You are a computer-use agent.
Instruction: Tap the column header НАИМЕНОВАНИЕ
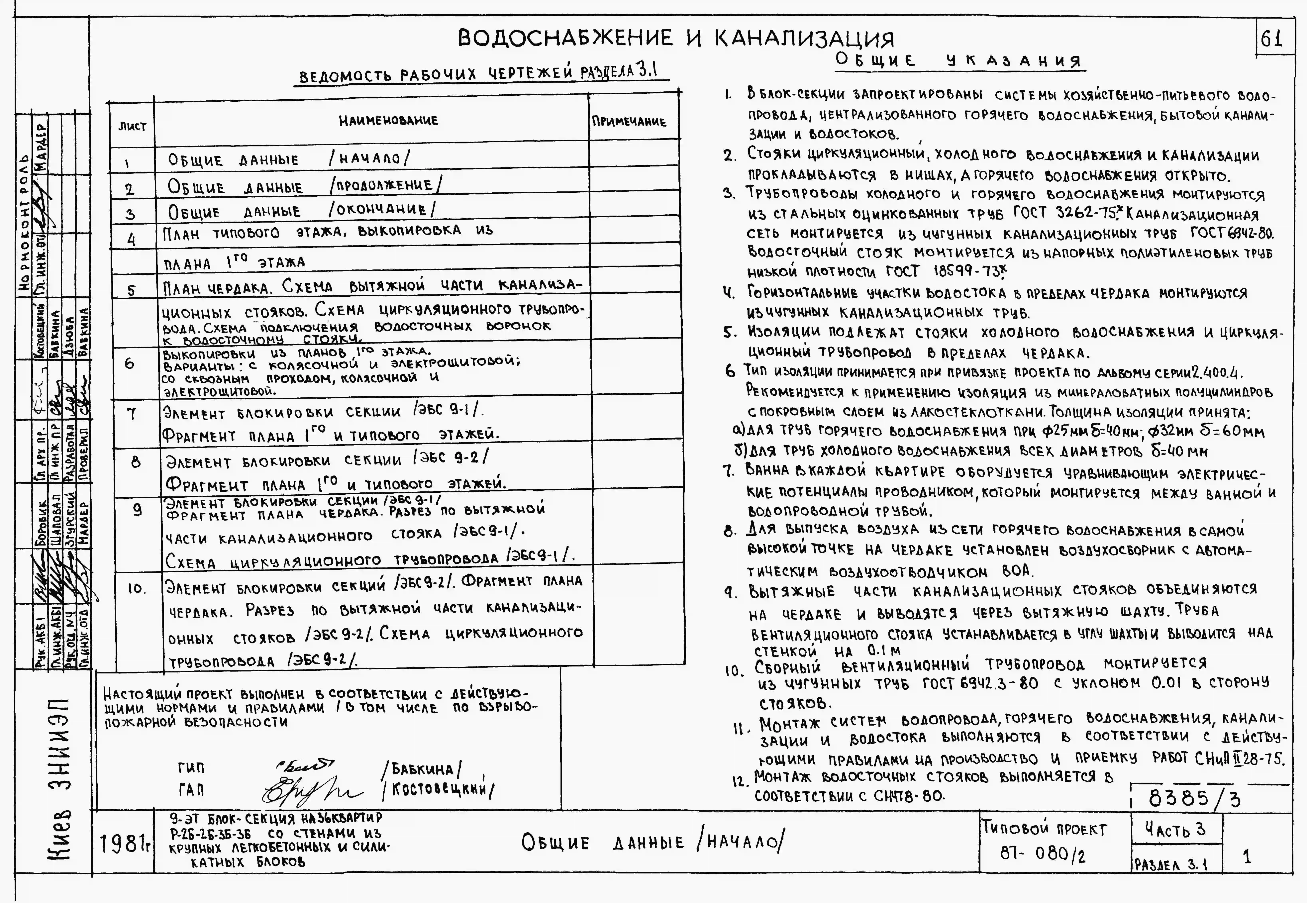click(x=388, y=121)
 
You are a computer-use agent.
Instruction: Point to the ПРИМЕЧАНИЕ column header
click(x=629, y=122)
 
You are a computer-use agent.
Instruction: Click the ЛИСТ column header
click(x=132, y=126)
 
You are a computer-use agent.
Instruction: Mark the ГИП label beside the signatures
click(x=191, y=768)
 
